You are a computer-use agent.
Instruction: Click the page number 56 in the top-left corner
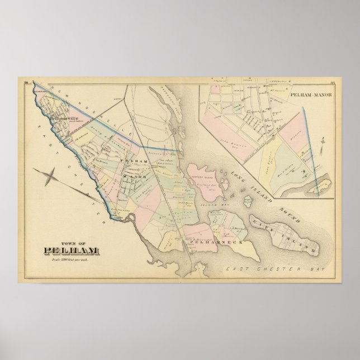click(x=26, y=83)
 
